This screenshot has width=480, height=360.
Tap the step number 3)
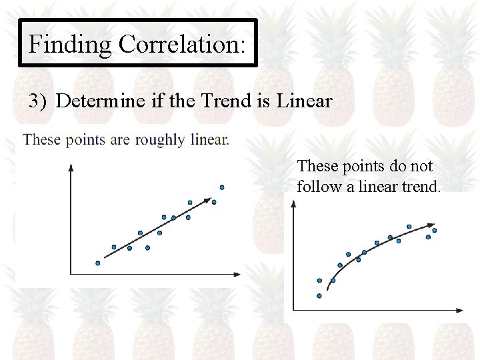pos(39,101)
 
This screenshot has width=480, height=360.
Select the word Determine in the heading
pos(100,101)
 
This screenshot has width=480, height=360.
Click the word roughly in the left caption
pos(159,140)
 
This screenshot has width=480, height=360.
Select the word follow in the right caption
pos(319,186)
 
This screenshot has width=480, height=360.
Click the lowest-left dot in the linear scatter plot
pos(98,263)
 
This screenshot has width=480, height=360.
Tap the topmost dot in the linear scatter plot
pos(222,187)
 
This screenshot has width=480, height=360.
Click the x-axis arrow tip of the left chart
pos(239,273)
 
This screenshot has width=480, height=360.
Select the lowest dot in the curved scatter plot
pos(319,295)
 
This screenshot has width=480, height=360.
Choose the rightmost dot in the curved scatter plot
pos(434,231)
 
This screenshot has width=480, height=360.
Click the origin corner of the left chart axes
pos(71,273)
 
